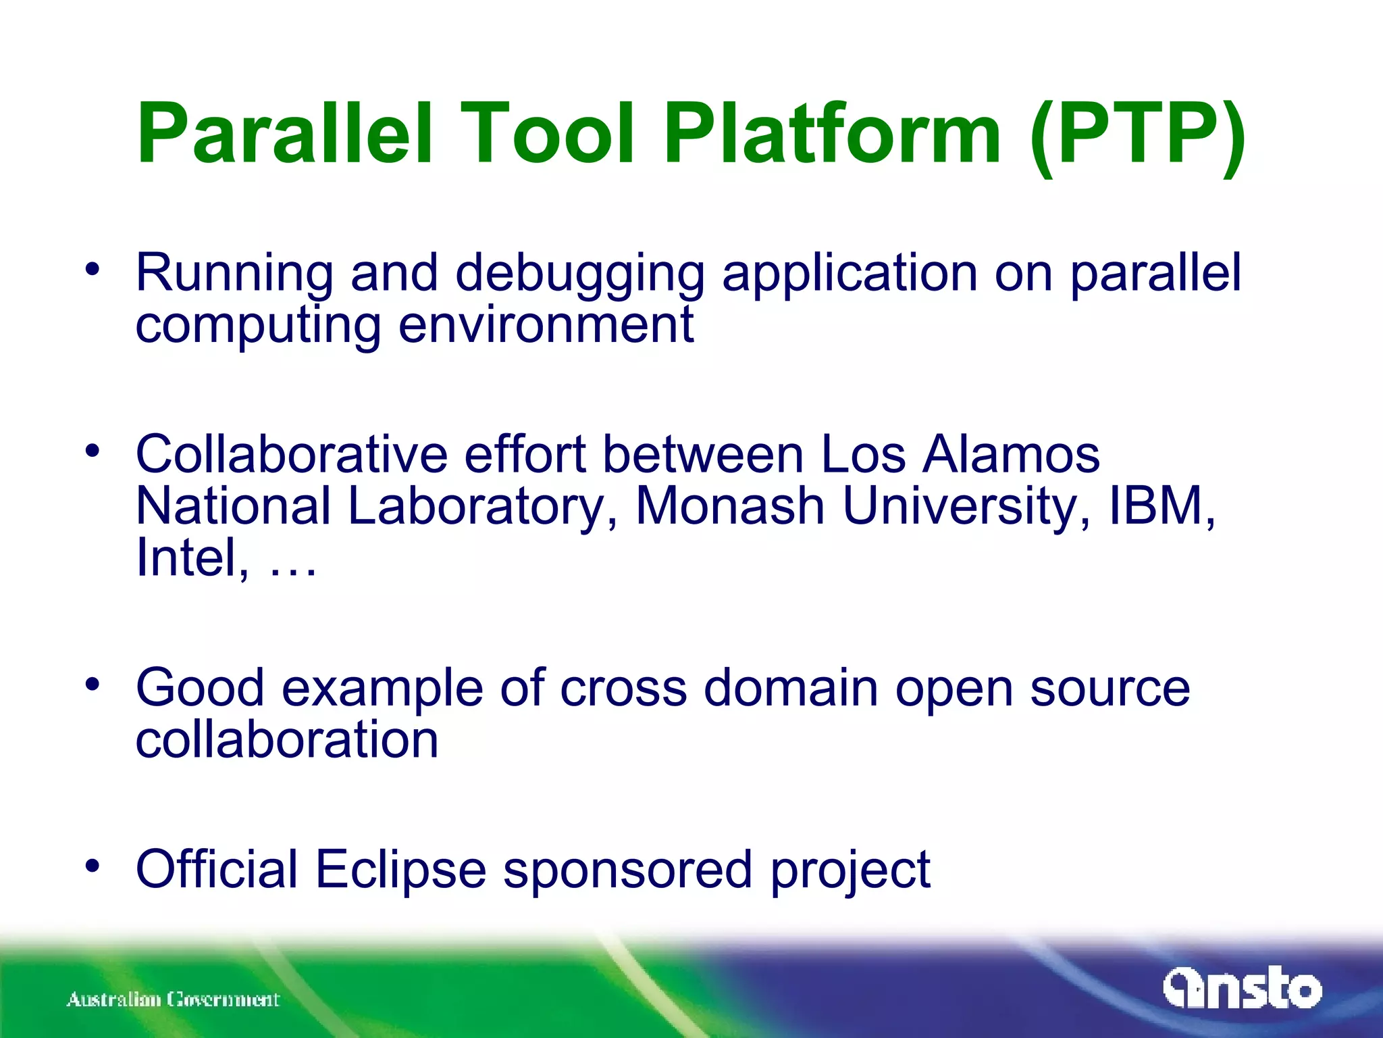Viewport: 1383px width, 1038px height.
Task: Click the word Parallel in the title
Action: point(284,133)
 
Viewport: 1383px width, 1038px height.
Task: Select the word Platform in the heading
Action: point(832,133)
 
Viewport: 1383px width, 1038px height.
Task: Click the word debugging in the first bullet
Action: point(579,274)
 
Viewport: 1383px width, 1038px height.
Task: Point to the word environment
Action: point(546,325)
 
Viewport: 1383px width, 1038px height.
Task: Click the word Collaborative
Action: point(291,454)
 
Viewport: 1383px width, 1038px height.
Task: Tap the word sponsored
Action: point(627,872)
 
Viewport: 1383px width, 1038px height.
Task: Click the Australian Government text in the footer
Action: point(173,999)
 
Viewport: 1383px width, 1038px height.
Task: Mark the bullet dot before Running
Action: point(93,269)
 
